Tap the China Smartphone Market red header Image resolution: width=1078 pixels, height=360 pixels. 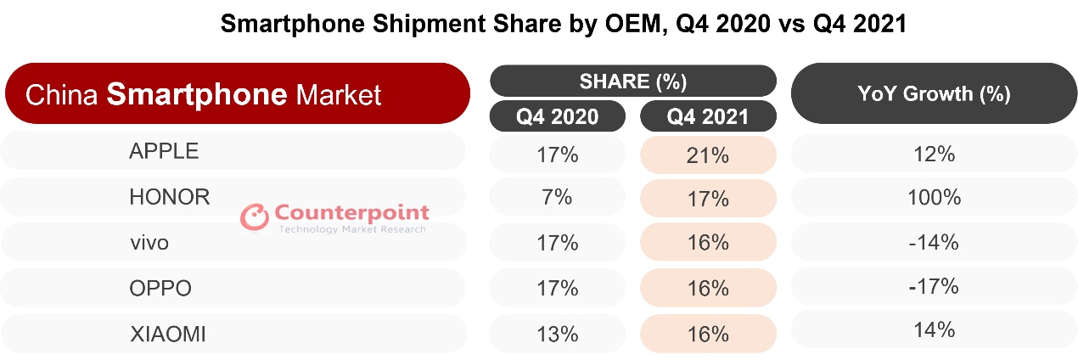[236, 94]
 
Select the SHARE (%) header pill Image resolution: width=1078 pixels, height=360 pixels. [632, 82]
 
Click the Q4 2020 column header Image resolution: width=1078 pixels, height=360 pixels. [557, 116]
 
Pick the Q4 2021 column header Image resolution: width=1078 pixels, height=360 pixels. [708, 116]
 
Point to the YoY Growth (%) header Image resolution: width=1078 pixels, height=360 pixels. [934, 93]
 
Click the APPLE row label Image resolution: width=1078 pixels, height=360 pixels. [164, 151]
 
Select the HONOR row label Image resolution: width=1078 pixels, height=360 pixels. [169, 197]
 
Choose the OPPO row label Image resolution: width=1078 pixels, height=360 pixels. [160, 288]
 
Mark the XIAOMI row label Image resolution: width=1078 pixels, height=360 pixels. [167, 334]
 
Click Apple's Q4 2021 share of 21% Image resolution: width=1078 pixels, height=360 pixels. [709, 155]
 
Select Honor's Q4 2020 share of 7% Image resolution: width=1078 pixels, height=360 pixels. [557, 197]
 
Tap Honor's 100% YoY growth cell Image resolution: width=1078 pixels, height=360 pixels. [934, 198]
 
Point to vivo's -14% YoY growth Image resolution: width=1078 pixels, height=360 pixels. [934, 242]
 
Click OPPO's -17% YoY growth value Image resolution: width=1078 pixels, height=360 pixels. [934, 286]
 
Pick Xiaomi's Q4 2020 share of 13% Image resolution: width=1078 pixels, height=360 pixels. [557, 333]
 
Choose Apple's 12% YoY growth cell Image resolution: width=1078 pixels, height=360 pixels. [934, 154]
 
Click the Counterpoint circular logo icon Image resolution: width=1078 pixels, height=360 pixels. [254, 217]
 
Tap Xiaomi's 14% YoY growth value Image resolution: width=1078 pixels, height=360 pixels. [934, 329]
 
